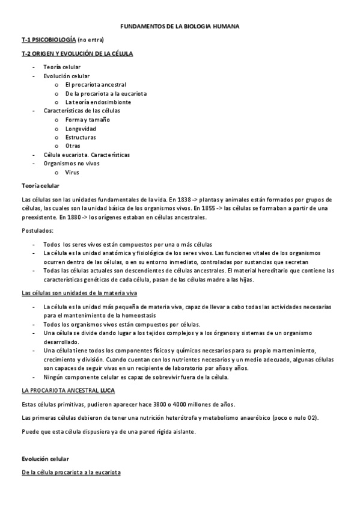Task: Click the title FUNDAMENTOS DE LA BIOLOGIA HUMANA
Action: click(x=180, y=26)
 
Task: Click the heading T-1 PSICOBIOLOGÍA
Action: click(x=48, y=40)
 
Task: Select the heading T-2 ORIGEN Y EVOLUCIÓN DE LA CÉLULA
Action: click(x=77, y=54)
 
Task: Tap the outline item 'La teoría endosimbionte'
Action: click(x=98, y=102)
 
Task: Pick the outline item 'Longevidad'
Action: click(x=81, y=129)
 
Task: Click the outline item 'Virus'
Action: click(x=72, y=172)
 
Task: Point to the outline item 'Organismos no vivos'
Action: click(x=72, y=164)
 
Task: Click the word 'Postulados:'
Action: click(x=37, y=230)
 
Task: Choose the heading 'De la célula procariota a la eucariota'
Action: click(x=71, y=473)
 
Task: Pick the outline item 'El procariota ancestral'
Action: click(x=96, y=85)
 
